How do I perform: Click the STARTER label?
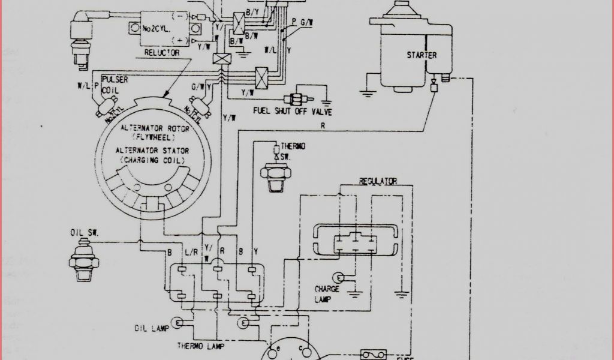422,55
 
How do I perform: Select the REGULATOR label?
377,181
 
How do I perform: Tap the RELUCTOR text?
162,53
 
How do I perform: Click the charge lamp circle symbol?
340,277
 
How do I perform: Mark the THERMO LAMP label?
198,346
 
